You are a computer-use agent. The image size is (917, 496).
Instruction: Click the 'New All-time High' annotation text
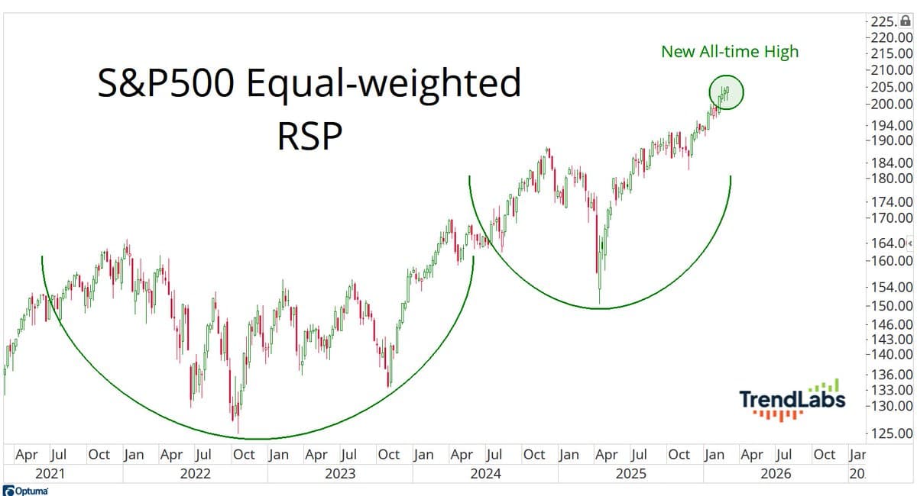(729, 51)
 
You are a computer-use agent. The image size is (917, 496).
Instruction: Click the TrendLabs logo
(792, 399)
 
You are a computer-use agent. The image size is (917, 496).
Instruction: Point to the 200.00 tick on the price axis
(891, 105)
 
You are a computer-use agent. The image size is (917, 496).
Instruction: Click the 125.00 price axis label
(891, 433)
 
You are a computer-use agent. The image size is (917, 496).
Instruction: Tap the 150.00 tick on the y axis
(891, 305)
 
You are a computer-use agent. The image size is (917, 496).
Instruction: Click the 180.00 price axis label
(891, 179)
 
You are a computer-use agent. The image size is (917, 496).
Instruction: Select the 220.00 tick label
(891, 37)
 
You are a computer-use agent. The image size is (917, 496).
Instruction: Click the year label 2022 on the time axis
(195, 474)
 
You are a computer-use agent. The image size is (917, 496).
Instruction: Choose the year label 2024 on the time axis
(485, 474)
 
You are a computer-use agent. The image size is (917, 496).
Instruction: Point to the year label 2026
(776, 474)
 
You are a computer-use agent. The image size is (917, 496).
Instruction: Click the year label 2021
(50, 474)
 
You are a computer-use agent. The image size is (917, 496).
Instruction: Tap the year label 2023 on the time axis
(340, 474)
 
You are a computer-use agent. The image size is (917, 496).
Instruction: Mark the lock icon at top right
(906, 22)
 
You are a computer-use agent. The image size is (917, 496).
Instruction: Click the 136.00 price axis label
(891, 375)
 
